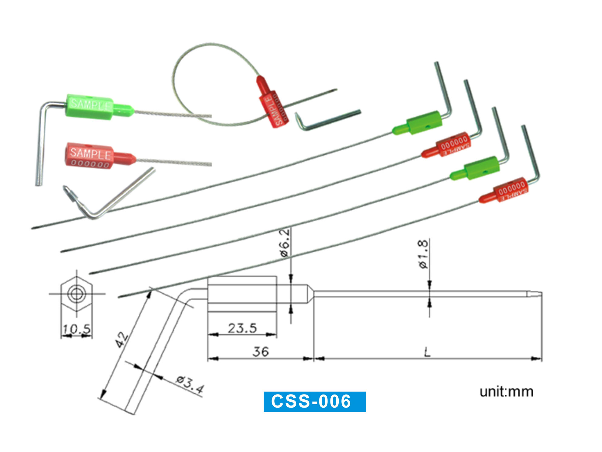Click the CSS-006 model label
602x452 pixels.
tap(314, 401)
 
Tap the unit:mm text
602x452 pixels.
tap(506, 392)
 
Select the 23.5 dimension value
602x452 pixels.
tap(242, 328)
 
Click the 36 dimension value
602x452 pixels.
tap(261, 352)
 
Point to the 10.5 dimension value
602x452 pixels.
tap(77, 329)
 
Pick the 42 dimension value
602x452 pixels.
tap(122, 340)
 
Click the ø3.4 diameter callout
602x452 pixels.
tap(190, 384)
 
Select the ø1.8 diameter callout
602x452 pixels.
tap(423, 254)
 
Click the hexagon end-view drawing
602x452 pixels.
tap(77, 294)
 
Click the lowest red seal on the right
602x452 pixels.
tap(507, 190)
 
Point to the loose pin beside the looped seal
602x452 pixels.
tap(328, 120)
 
